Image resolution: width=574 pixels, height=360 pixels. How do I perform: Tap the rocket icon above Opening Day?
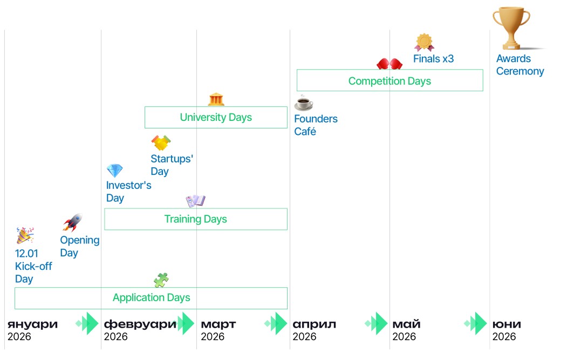(x=72, y=222)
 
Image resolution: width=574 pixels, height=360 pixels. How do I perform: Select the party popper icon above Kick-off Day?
(x=25, y=235)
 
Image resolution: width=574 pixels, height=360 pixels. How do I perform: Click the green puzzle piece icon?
(x=161, y=280)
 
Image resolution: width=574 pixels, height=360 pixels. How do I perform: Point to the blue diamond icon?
(x=114, y=171)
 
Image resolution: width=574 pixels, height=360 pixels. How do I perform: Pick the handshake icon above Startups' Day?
(x=161, y=143)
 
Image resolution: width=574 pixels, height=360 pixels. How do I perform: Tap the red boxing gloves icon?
(x=389, y=64)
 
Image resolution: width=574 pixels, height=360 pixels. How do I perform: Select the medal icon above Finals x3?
(x=425, y=42)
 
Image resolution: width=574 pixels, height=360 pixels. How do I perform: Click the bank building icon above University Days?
(x=216, y=99)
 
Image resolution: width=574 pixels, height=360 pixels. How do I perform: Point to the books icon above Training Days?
(x=195, y=201)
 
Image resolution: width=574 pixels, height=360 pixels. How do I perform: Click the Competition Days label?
(x=389, y=81)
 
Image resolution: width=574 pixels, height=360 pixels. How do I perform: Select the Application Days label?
(x=151, y=297)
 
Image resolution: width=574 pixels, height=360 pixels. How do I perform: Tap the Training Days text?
(x=195, y=219)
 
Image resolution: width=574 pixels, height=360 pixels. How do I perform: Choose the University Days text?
(x=216, y=117)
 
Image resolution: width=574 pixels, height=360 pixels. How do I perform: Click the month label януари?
(x=32, y=324)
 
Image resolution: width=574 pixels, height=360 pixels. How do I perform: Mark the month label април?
(x=314, y=324)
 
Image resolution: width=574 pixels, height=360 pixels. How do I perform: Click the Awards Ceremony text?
(x=520, y=65)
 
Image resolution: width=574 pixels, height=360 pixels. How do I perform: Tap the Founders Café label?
(x=316, y=125)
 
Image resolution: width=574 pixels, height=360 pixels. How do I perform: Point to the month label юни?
(x=507, y=324)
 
